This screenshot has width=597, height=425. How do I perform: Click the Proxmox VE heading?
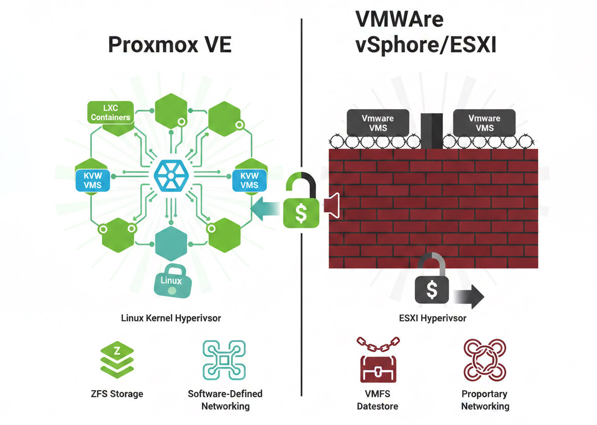(x=170, y=45)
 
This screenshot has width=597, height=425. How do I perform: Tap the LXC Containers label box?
(x=111, y=112)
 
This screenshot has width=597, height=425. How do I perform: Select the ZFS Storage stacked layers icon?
(x=116, y=360)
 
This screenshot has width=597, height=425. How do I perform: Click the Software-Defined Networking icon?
(x=224, y=360)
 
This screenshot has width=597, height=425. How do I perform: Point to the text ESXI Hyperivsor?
(x=432, y=318)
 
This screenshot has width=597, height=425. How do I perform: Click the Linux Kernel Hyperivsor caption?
(x=171, y=318)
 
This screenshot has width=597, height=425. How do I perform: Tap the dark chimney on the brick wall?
(x=431, y=130)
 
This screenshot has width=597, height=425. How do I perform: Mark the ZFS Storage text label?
(x=116, y=394)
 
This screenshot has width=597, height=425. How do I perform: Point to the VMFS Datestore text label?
(x=378, y=400)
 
